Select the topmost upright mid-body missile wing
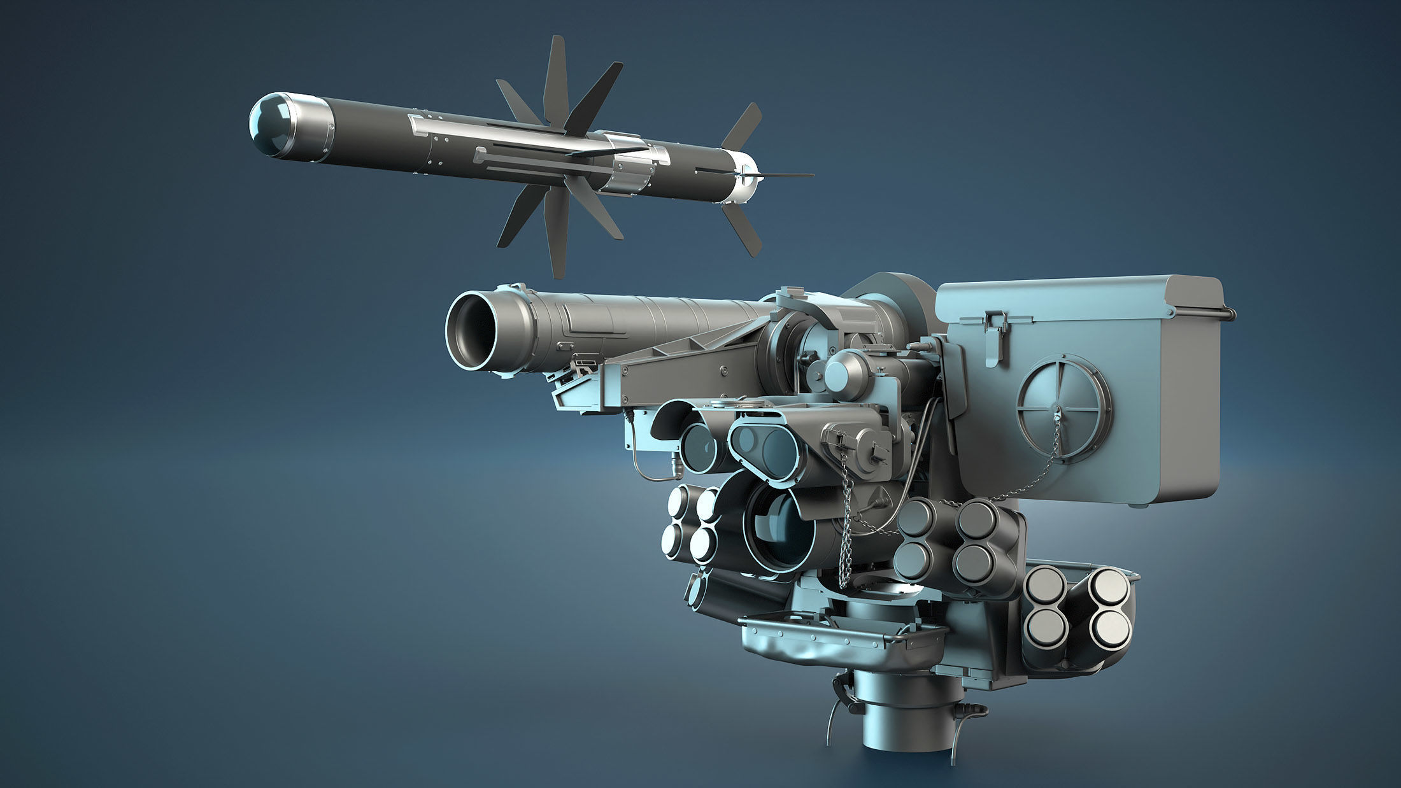tap(555, 76)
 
